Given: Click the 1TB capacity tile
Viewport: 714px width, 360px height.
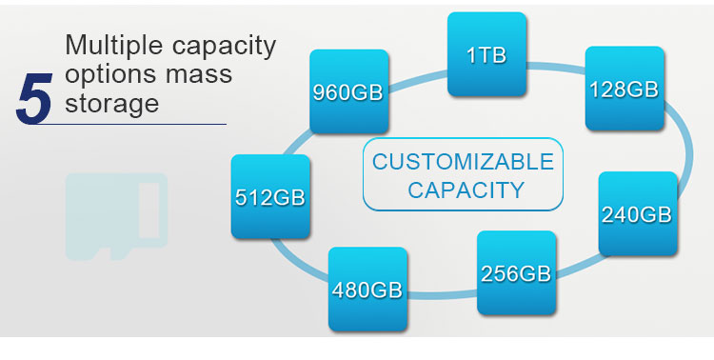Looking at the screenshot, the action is tap(486, 54).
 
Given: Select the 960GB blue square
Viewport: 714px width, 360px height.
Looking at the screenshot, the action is tap(349, 91).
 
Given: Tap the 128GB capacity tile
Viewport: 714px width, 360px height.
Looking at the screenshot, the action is tap(625, 89).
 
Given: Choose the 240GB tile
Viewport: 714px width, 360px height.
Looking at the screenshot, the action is tap(638, 213).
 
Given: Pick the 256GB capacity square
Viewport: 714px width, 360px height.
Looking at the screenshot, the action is tap(516, 273).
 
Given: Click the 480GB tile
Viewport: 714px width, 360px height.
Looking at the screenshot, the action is tap(367, 290).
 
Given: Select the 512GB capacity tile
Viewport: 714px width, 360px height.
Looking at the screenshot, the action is tap(270, 197).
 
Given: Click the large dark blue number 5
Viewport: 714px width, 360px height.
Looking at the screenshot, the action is tap(34, 99).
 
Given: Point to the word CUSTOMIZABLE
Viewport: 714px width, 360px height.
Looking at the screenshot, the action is tap(463, 162).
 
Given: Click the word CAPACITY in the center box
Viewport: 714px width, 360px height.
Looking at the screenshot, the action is tap(466, 190).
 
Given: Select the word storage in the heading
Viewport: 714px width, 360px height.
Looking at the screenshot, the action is tap(112, 104).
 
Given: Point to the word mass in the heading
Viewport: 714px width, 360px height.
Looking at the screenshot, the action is tap(199, 75).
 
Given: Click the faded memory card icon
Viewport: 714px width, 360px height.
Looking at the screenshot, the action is tap(116, 216).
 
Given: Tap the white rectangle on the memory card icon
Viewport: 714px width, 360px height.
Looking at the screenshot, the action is tap(149, 210).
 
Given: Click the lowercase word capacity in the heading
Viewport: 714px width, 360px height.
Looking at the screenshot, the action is tap(225, 47).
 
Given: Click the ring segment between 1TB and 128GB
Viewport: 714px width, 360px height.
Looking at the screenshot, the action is tap(556, 67).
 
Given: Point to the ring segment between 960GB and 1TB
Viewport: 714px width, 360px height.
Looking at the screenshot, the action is tap(418, 80).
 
